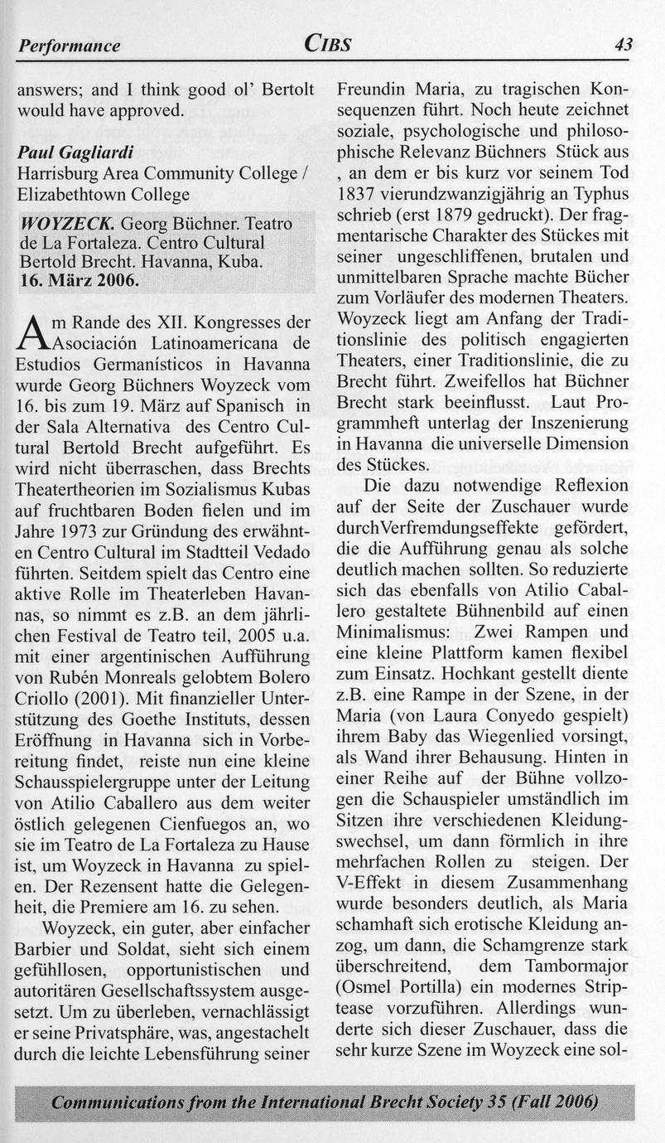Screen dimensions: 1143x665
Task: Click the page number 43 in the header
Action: coord(623,45)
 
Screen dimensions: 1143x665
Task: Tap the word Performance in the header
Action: coord(70,46)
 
